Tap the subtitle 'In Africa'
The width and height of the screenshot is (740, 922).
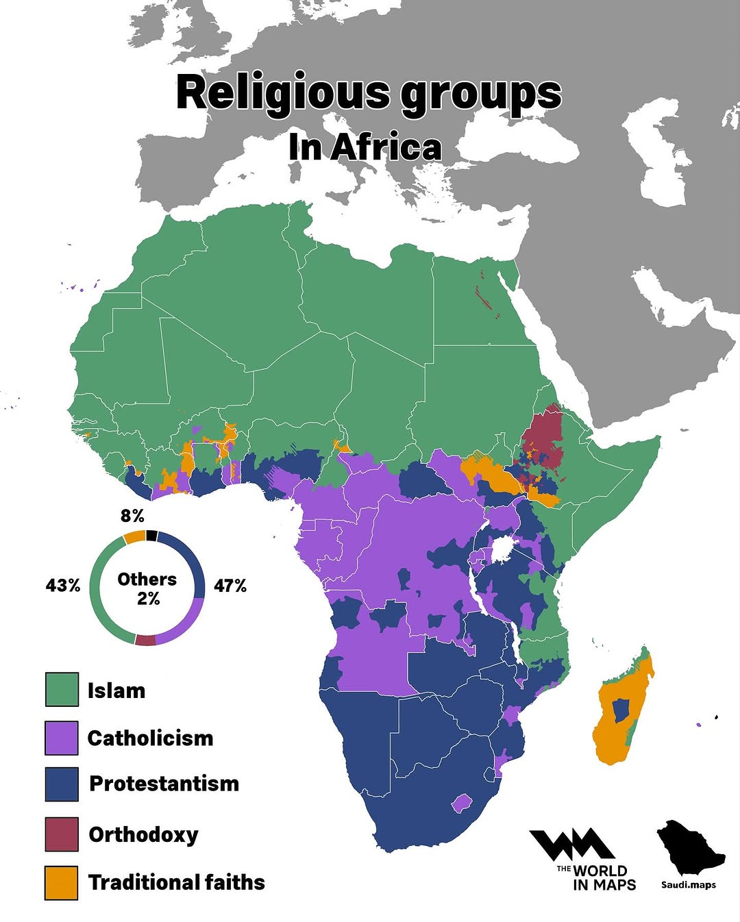[x=365, y=147]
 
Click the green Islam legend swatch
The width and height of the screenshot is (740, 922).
[x=62, y=689]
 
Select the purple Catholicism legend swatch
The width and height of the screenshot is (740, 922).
[x=62, y=738]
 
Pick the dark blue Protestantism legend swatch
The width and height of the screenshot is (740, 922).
[x=62, y=784]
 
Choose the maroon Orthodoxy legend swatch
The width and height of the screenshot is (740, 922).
[x=62, y=834]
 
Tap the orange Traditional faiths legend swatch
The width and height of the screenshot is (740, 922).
[x=62, y=882]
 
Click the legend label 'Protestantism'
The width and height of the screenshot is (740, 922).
[x=164, y=784]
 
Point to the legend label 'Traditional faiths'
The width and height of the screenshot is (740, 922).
[x=176, y=882]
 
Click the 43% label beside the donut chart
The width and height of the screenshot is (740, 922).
[x=63, y=586]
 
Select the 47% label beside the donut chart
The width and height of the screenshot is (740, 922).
[x=230, y=586]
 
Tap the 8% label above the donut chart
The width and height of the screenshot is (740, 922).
[x=132, y=515]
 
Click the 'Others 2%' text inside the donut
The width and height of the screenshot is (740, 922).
[x=147, y=588]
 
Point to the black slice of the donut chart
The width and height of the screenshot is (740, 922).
[x=151, y=536]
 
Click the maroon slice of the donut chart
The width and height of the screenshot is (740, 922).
[x=145, y=640]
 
